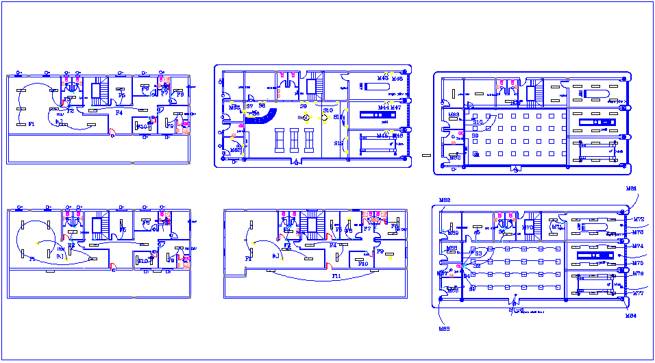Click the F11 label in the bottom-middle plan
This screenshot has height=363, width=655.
(x=336, y=276)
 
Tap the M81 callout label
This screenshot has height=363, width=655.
(x=631, y=188)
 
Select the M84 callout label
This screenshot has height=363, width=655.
(x=631, y=316)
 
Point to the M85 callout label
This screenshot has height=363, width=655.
(x=443, y=329)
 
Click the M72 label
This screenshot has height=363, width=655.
(x=638, y=220)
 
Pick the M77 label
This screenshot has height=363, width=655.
(x=638, y=293)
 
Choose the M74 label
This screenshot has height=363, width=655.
(x=638, y=246)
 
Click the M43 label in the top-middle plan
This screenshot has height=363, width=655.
(x=382, y=78)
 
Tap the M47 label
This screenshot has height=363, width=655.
(x=396, y=108)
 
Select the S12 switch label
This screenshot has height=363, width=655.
(x=338, y=143)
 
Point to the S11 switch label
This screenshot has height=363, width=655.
(x=338, y=117)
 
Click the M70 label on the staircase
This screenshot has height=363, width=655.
(x=527, y=227)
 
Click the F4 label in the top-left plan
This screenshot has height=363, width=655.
(x=119, y=112)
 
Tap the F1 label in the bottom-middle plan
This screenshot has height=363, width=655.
(x=248, y=259)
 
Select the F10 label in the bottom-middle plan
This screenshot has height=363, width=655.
(x=362, y=263)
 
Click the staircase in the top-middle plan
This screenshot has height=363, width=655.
(x=317, y=86)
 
